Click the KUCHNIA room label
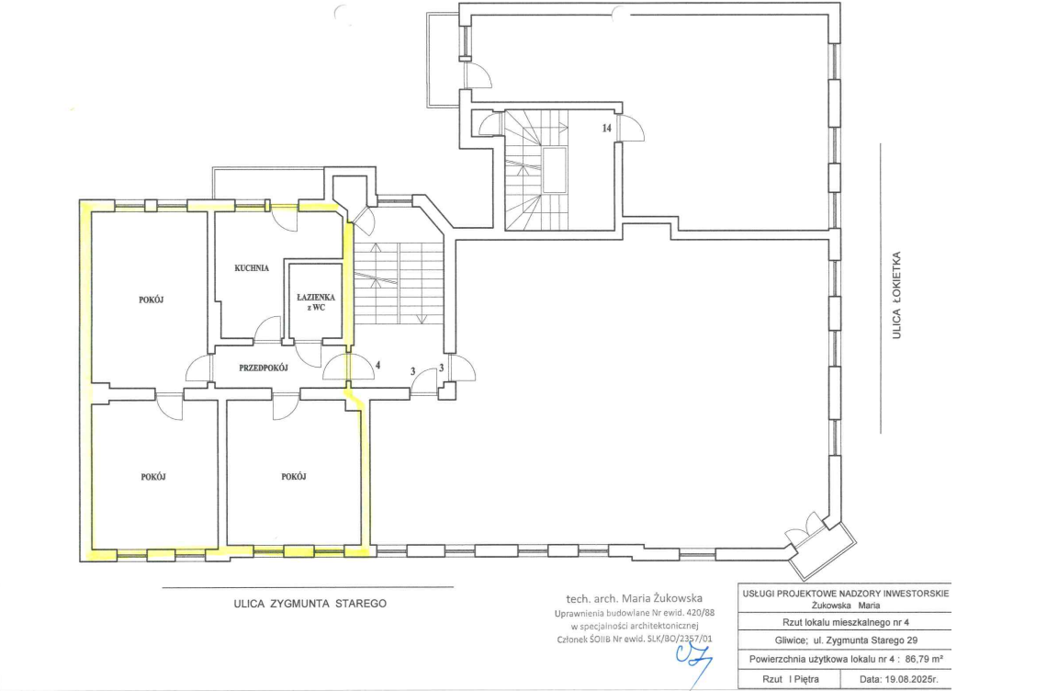(252, 268)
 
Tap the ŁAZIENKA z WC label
(315, 301)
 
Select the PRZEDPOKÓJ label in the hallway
(264, 368)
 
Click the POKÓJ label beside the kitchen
(152, 300)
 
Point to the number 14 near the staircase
(606, 128)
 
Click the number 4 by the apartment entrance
(377, 365)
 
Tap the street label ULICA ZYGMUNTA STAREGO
(310, 604)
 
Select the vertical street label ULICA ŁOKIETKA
(896, 295)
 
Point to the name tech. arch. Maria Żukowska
(635, 598)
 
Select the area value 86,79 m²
(924, 659)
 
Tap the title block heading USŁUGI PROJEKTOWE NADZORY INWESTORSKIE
(846, 594)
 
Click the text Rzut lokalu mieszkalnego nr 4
(846, 622)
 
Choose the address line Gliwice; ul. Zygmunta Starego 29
(846, 640)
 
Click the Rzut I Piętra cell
(790, 679)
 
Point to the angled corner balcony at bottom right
(823, 549)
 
